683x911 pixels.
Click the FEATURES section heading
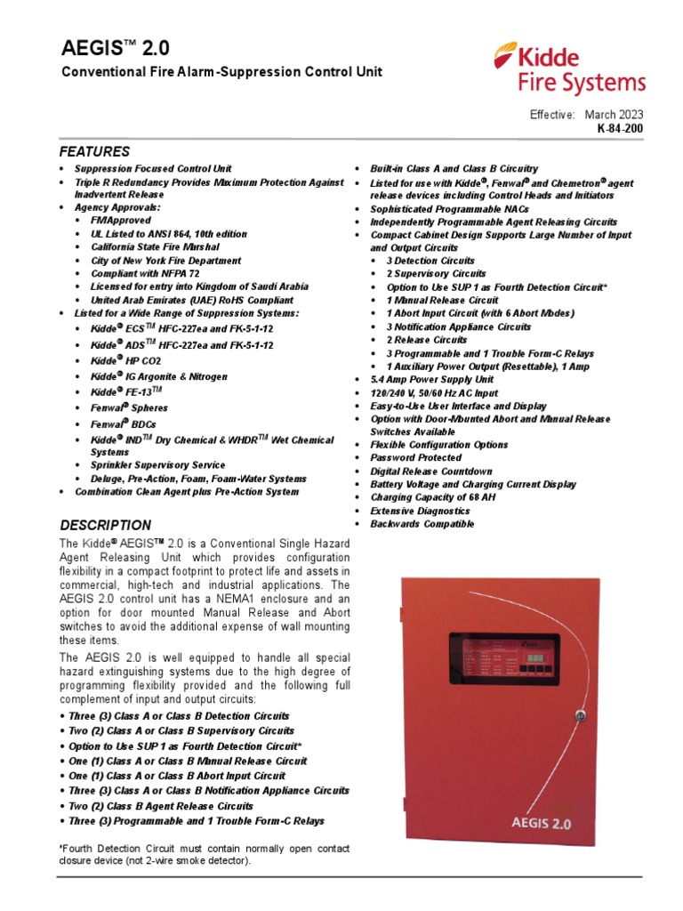[x=94, y=151]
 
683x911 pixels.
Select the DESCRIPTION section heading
[x=105, y=525]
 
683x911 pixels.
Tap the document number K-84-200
[x=621, y=128]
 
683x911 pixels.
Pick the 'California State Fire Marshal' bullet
[x=154, y=247]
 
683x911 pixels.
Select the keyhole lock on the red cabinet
[x=579, y=714]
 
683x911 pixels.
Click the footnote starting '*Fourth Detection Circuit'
[x=204, y=855]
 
